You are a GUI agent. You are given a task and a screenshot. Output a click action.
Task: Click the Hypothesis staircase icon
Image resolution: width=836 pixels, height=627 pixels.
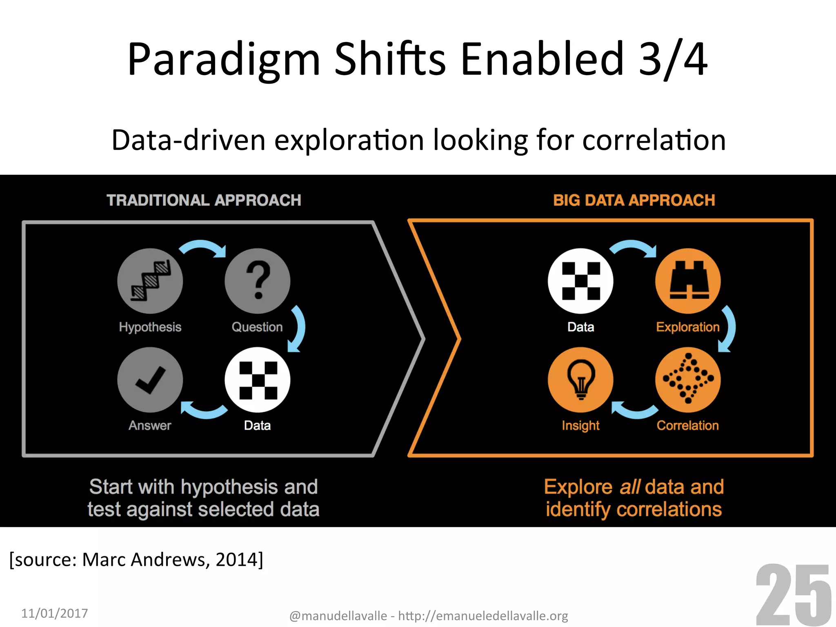click(150, 281)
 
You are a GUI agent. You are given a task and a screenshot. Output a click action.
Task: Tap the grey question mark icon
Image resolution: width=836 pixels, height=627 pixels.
click(258, 281)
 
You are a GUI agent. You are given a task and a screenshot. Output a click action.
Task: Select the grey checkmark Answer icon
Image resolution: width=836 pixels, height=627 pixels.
click(150, 380)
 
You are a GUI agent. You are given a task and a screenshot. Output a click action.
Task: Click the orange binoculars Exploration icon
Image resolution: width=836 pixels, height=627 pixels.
click(688, 281)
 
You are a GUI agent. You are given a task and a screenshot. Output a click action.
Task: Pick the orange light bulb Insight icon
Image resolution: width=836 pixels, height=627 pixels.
click(580, 380)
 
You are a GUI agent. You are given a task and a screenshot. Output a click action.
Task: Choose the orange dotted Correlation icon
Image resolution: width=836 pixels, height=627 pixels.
click(688, 380)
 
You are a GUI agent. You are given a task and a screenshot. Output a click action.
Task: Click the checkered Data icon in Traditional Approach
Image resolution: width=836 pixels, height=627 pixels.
click(258, 380)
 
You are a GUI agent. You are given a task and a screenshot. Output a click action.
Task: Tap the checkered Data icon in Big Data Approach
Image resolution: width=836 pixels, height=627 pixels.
click(580, 281)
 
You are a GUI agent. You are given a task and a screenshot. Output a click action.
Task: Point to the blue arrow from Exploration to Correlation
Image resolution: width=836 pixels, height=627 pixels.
click(728, 329)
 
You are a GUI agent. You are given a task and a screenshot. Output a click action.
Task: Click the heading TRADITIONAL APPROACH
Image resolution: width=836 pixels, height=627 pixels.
click(204, 200)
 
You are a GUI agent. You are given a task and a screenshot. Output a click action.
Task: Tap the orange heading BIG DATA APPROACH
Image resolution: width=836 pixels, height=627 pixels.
click(634, 200)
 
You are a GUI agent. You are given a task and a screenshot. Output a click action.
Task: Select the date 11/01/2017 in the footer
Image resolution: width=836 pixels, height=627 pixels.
click(55, 613)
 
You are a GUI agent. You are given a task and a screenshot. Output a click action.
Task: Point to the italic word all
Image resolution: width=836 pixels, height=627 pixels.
click(630, 487)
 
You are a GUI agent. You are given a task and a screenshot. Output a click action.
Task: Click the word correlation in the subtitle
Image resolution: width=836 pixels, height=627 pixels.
click(654, 140)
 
